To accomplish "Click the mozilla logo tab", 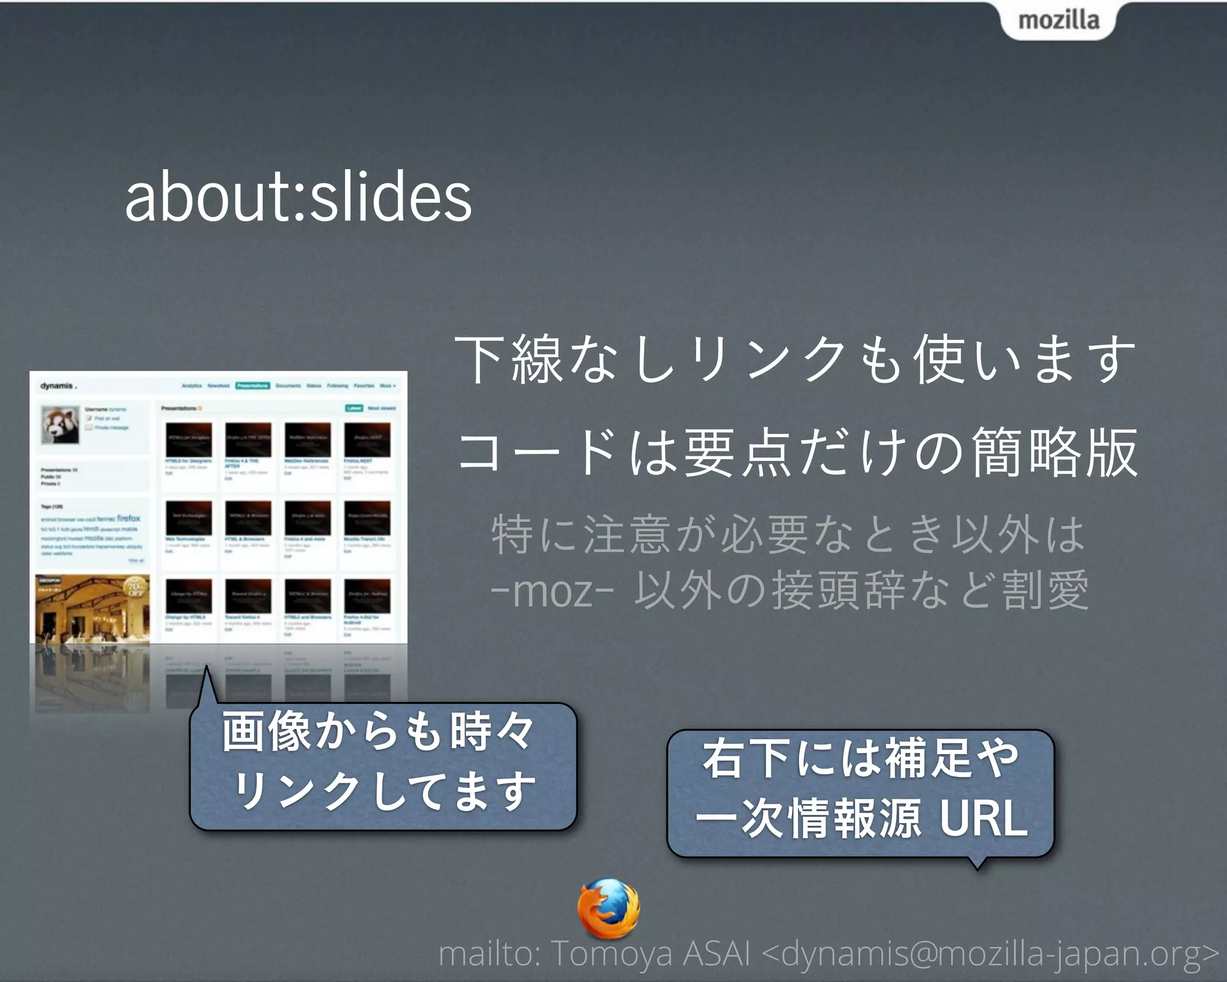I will [x=1058, y=20].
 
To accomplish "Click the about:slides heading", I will [x=298, y=197].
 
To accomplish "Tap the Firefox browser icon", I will [x=608, y=908].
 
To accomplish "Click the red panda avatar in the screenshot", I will [x=60, y=424].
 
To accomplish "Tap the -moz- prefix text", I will [x=552, y=591].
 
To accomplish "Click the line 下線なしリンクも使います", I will [x=795, y=360].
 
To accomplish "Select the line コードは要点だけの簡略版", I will [x=797, y=452].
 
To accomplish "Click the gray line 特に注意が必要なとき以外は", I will [x=787, y=534].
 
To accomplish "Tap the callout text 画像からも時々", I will [x=378, y=732].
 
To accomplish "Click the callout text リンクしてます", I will [x=384, y=791].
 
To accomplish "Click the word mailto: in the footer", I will [x=489, y=953].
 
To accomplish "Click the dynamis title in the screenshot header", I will [x=58, y=385].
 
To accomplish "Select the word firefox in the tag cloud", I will [x=128, y=518].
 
